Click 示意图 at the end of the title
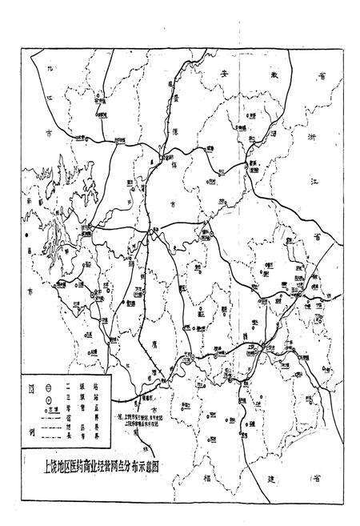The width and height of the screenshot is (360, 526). (x=156, y=462)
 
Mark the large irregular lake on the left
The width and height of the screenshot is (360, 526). (x=58, y=232)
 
